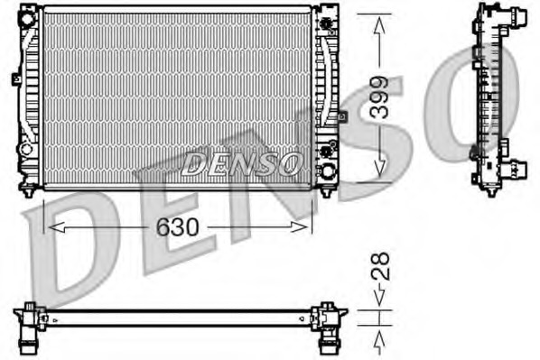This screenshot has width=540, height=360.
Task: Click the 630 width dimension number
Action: click(x=177, y=226)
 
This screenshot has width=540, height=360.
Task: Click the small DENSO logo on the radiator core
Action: click(x=242, y=162)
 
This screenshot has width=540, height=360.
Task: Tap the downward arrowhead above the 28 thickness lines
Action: click(x=380, y=298)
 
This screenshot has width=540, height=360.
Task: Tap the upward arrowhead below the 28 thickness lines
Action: click(x=380, y=337)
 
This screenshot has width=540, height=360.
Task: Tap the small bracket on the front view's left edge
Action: click(x=16, y=79)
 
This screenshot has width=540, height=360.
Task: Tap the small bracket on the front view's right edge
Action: click(x=340, y=116)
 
